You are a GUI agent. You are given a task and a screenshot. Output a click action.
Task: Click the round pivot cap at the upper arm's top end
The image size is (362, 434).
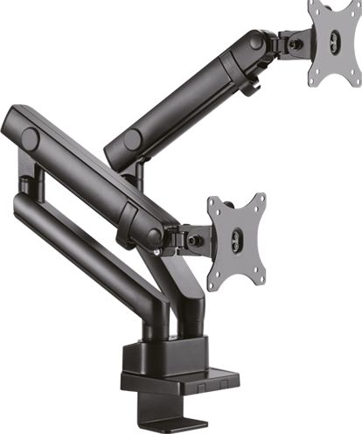255,41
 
